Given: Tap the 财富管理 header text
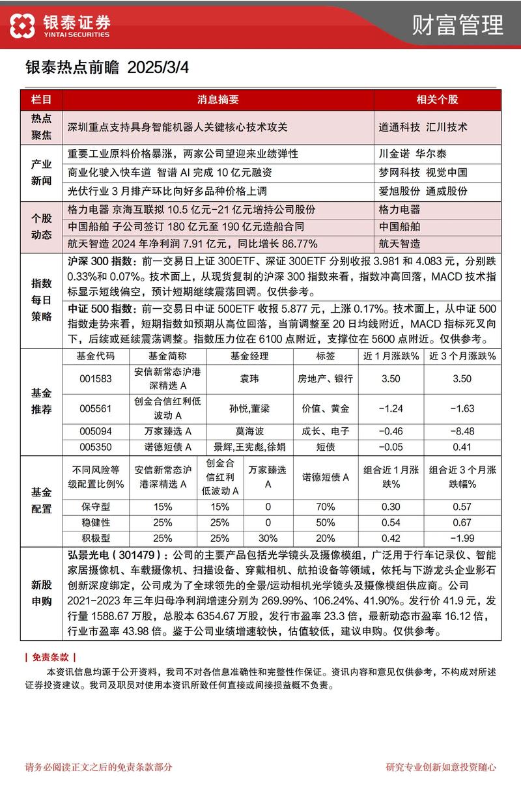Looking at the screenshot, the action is click(458, 25).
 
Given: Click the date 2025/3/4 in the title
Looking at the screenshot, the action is click(158, 67).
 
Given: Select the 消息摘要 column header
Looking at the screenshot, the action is click(218, 100).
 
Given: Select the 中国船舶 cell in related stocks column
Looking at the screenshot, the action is click(399, 227).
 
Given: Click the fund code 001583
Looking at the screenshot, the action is click(96, 378).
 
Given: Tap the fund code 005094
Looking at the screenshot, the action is click(96, 431).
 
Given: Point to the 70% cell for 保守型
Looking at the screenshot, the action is click(325, 506).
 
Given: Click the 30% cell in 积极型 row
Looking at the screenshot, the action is click(268, 538).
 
